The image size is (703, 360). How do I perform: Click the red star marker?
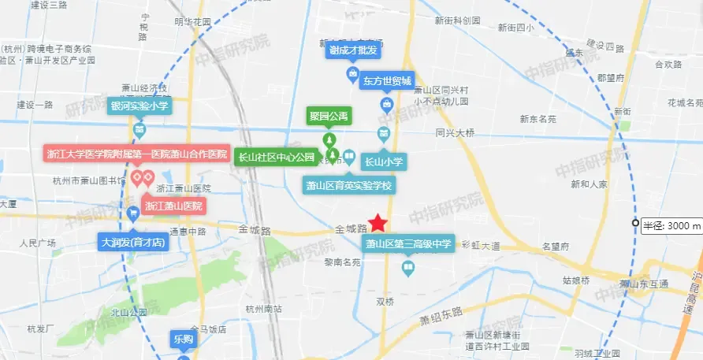[x=378, y=223]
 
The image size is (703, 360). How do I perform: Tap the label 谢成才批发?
[x=353, y=50]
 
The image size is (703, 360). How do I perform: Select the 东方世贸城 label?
[x=387, y=80]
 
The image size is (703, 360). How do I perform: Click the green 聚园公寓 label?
[x=329, y=117]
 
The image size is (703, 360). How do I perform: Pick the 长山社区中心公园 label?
[x=277, y=157]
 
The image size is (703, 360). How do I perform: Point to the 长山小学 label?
[x=383, y=162]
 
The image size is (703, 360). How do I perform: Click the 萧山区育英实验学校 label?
[x=349, y=186]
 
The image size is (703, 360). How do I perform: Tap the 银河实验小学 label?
[x=139, y=105]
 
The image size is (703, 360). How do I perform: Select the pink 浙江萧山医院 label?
[x=174, y=206]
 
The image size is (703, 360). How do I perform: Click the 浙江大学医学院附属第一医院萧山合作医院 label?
[x=136, y=154]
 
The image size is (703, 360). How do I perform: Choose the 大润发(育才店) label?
[x=132, y=242]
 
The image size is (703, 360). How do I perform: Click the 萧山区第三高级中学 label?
[x=407, y=244]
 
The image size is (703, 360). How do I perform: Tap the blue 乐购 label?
[x=182, y=340]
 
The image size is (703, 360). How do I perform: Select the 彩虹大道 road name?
[x=481, y=246]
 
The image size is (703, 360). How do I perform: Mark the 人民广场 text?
[x=38, y=243]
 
